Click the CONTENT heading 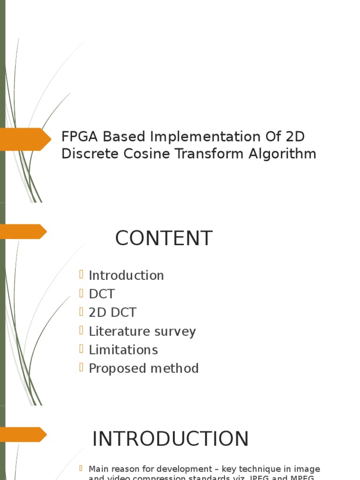coord(164,239)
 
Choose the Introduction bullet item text coord(126,276)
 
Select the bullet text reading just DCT coord(102,294)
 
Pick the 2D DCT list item coord(112,313)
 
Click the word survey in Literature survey coord(175,331)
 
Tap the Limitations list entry coord(123,350)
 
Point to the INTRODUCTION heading coord(170,439)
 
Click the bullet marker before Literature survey coord(82,330)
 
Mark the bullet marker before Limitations coord(82,349)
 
